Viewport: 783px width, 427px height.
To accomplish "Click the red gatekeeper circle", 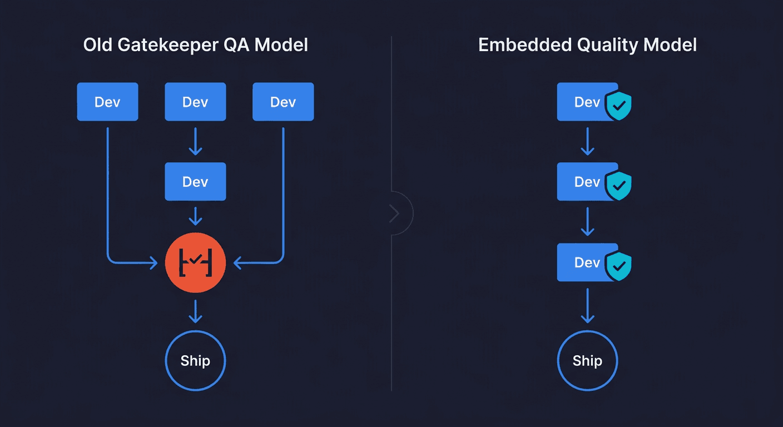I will point(195,262).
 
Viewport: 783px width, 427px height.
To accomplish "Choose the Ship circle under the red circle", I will point(195,361).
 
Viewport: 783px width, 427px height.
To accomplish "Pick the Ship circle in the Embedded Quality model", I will point(587,361).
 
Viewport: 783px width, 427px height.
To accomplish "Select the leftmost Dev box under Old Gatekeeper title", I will point(107,102).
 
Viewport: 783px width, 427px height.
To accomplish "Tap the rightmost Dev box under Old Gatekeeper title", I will point(283,102).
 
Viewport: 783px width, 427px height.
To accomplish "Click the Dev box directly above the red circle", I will point(195,182).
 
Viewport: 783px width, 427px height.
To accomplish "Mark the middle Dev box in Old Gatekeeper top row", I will point(195,102).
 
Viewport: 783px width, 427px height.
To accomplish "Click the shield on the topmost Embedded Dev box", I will point(618,105).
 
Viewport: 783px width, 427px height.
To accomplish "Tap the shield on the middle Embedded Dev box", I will point(618,185).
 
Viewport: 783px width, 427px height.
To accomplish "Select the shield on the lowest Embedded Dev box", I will point(618,265).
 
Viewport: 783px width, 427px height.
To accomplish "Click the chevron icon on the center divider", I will point(395,213).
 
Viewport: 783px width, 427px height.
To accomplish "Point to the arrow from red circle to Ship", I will point(195,311).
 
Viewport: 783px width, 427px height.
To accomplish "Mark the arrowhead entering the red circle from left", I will point(153,262).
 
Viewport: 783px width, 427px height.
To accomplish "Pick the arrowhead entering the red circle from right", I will point(237,262).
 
